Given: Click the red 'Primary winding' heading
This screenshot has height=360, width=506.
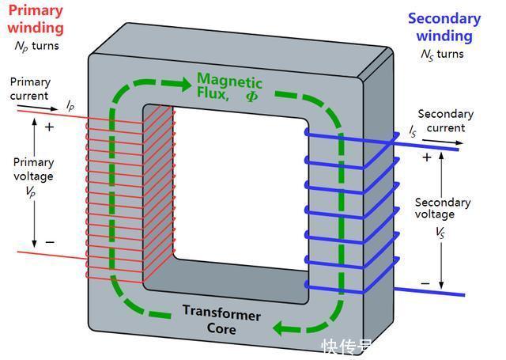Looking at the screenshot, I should (35, 19).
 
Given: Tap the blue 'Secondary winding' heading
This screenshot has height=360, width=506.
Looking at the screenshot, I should (444, 27).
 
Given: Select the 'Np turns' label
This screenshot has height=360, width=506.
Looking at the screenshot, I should (36, 46).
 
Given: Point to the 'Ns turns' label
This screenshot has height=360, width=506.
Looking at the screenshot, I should (444, 55).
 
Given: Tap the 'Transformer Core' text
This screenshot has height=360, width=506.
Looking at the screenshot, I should (222, 320).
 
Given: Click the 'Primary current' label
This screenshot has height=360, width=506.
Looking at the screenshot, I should (29, 89).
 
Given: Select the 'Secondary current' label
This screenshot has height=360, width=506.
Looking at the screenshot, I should (445, 121).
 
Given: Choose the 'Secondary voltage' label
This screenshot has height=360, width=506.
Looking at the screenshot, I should (442, 208).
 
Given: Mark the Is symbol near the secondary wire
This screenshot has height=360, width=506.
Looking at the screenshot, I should (413, 131).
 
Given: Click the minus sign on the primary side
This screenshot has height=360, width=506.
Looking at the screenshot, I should (49, 241).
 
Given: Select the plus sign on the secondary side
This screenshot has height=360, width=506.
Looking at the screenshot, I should (427, 157).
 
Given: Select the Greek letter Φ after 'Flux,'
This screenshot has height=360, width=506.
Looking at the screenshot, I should (251, 96).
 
